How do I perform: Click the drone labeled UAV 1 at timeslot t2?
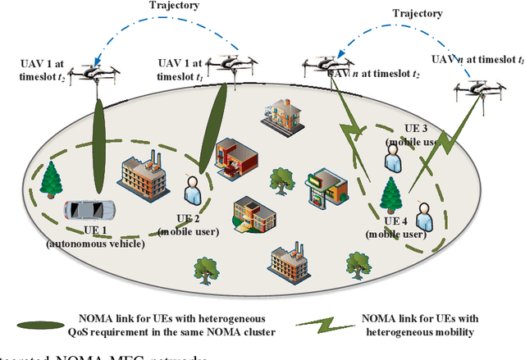pyautogui.click(x=94, y=73)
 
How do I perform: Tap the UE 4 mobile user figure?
pyautogui.click(x=423, y=216)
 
